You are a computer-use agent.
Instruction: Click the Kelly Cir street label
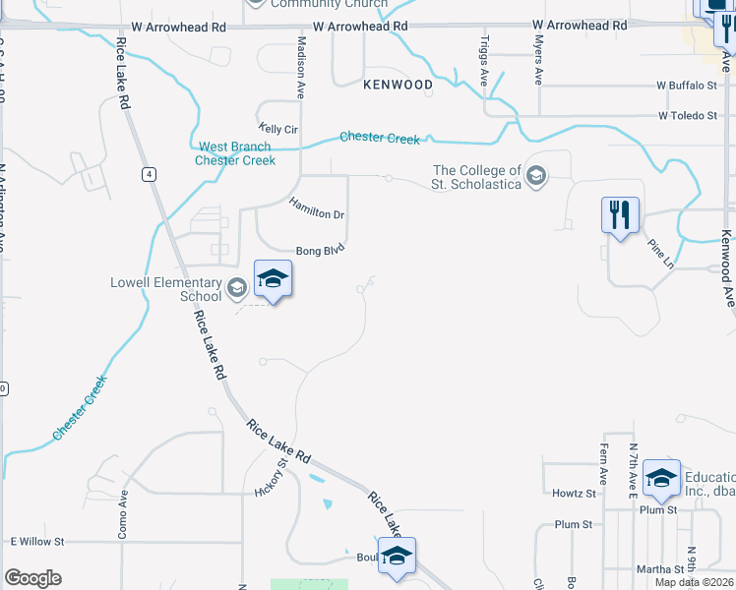coord(277,129)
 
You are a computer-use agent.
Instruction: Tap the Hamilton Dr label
coord(316,207)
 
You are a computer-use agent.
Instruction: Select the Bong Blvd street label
coord(321,251)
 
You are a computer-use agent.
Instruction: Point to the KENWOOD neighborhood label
coord(398,85)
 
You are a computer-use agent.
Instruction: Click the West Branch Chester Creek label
coord(235,153)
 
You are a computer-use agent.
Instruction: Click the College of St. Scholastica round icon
coord(536,177)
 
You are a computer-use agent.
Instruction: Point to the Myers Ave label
coord(538,63)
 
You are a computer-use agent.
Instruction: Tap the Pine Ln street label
coord(660,253)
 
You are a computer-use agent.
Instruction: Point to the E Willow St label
coord(37,542)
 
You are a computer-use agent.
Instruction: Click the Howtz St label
coord(574,493)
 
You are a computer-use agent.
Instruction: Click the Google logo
coord(33,578)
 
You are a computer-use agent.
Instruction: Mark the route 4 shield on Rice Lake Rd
coord(148,174)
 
